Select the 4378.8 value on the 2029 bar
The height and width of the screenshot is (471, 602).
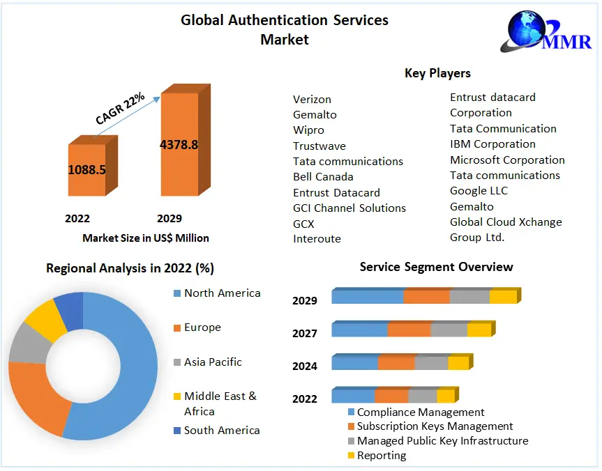tap(179, 145)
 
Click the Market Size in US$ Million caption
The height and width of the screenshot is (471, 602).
tap(146, 238)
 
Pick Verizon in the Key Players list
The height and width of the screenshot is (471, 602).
tap(312, 99)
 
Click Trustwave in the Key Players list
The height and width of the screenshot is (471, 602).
tap(319, 146)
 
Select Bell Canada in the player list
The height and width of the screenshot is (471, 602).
tap(323, 177)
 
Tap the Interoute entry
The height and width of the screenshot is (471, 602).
tap(317, 239)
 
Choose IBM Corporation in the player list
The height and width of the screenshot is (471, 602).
tap(492, 144)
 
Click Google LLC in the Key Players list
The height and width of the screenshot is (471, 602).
tap(479, 191)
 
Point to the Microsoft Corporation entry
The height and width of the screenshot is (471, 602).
tap(507, 160)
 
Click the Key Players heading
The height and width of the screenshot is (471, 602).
tap(437, 73)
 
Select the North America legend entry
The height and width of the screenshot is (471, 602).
tap(222, 293)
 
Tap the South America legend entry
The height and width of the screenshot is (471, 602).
tap(221, 431)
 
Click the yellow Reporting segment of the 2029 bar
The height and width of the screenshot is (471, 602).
tap(503, 297)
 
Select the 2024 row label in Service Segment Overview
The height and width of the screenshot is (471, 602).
tap(304, 366)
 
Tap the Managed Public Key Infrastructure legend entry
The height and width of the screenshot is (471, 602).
tap(442, 441)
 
